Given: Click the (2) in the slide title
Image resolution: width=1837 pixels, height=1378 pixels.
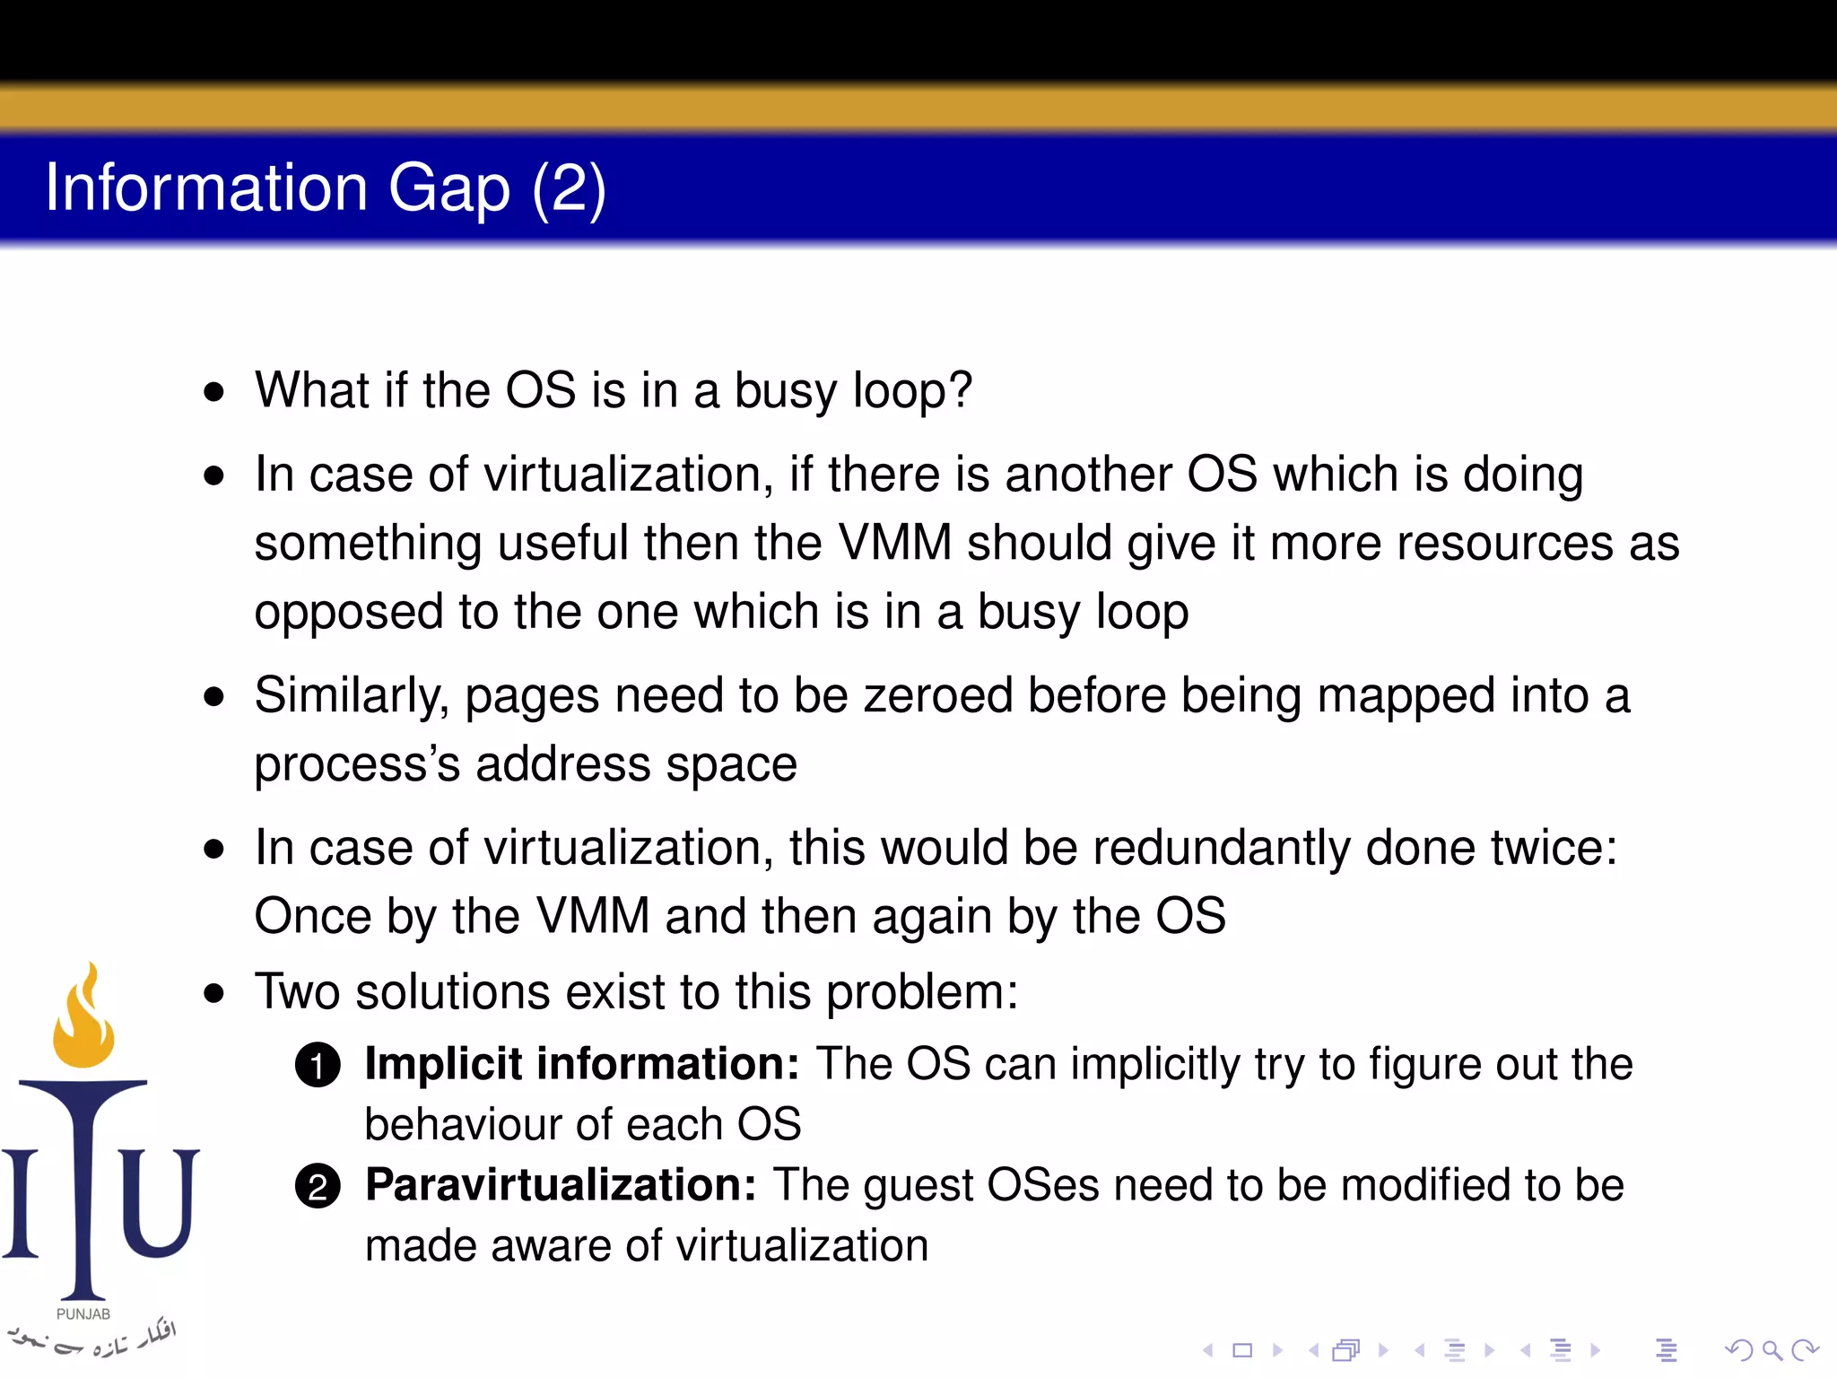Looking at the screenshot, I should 569,188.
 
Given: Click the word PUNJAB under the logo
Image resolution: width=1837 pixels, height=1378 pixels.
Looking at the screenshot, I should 83,1313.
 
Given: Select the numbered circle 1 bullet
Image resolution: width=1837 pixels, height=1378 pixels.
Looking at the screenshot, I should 318,1066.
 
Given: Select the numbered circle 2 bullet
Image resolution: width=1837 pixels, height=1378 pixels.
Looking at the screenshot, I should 318,1187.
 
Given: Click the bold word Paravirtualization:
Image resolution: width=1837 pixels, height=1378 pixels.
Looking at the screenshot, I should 561,1185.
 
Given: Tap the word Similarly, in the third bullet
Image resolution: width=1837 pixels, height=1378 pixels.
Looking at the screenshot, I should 351,696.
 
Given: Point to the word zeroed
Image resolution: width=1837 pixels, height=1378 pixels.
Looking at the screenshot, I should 937,696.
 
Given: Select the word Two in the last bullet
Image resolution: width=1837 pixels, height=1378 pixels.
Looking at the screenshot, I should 297,992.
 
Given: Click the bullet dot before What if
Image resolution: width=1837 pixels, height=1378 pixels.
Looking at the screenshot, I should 213,392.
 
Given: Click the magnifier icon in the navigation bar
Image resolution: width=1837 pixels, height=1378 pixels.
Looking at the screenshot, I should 1772,1349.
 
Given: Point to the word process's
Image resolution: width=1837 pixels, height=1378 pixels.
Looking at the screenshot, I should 357,765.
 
